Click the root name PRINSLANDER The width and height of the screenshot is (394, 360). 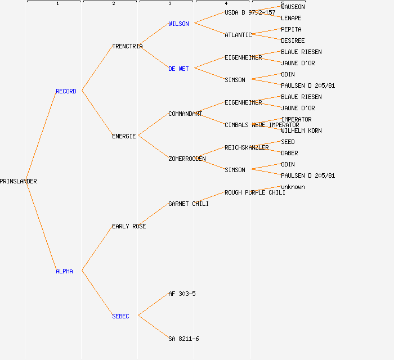(x=19, y=181)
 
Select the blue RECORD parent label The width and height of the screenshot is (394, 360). (x=66, y=91)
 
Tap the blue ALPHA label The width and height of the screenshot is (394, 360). (x=64, y=271)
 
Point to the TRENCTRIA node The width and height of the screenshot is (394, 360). (x=127, y=46)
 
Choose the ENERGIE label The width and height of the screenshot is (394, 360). (x=124, y=136)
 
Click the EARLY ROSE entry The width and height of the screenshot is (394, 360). (x=129, y=226)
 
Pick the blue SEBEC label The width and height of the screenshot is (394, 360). (x=120, y=316)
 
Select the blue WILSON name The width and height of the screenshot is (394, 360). (x=178, y=24)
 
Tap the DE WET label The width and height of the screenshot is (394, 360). (x=178, y=69)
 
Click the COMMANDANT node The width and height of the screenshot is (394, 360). (x=185, y=114)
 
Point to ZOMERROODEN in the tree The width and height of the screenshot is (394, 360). (x=187, y=159)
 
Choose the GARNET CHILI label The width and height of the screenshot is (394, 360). (x=189, y=204)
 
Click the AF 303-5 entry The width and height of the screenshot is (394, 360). (x=182, y=294)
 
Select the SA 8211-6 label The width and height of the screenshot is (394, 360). (x=183, y=339)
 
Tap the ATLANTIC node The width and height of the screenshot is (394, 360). (x=238, y=35)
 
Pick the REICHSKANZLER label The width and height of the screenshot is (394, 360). (x=247, y=147)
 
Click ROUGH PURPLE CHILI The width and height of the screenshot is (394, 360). (x=255, y=192)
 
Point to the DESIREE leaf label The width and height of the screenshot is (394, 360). (x=293, y=40)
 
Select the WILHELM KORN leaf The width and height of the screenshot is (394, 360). (x=301, y=130)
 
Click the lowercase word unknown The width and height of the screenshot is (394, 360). (x=293, y=187)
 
